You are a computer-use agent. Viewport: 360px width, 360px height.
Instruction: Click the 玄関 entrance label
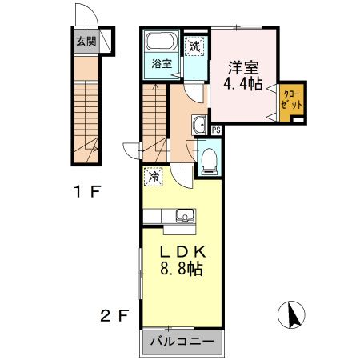pyautogui.click(x=84, y=42)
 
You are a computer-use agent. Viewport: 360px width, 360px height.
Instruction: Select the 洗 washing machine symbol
pyautogui.click(x=194, y=46)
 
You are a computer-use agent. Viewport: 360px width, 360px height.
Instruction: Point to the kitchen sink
pyautogui.click(x=185, y=215)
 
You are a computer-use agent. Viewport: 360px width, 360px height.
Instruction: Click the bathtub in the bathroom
pyautogui.click(x=162, y=44)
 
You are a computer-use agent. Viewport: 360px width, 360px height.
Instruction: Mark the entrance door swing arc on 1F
pyautogui.click(x=83, y=16)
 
